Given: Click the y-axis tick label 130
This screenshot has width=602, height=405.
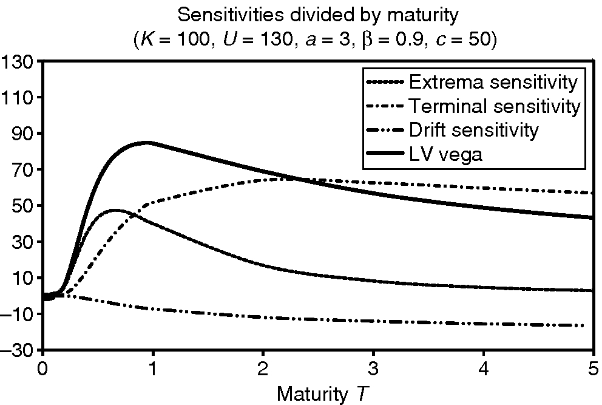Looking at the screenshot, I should click(x=18, y=62).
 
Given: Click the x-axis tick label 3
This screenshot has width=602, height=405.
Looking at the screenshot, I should click(x=373, y=369).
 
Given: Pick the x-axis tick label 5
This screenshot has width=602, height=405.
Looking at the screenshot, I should click(x=593, y=369).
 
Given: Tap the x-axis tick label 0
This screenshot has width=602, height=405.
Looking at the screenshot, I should click(x=42, y=369).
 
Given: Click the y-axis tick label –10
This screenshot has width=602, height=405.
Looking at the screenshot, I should click(x=18, y=314).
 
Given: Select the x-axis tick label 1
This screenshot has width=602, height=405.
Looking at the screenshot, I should click(x=153, y=369).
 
